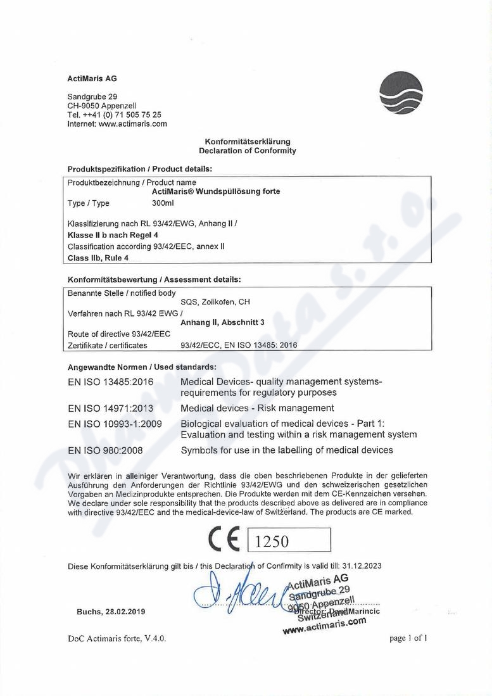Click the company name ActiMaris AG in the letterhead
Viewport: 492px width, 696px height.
pyautogui.click(x=92, y=79)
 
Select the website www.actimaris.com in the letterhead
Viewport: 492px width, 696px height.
pyautogui.click(x=133, y=124)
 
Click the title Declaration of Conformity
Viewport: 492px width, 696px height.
pyautogui.click(x=247, y=151)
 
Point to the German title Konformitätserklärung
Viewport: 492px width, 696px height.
pyautogui.click(x=247, y=141)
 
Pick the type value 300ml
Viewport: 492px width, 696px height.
pyautogui.click(x=163, y=203)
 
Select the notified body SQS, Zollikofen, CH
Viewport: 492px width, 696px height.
pyautogui.click(x=215, y=301)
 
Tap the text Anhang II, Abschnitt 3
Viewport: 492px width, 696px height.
pyautogui.click(x=222, y=322)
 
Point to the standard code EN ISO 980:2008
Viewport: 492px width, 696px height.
pyautogui.click(x=105, y=450)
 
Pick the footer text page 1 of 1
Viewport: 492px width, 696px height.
pyautogui.click(x=408, y=638)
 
